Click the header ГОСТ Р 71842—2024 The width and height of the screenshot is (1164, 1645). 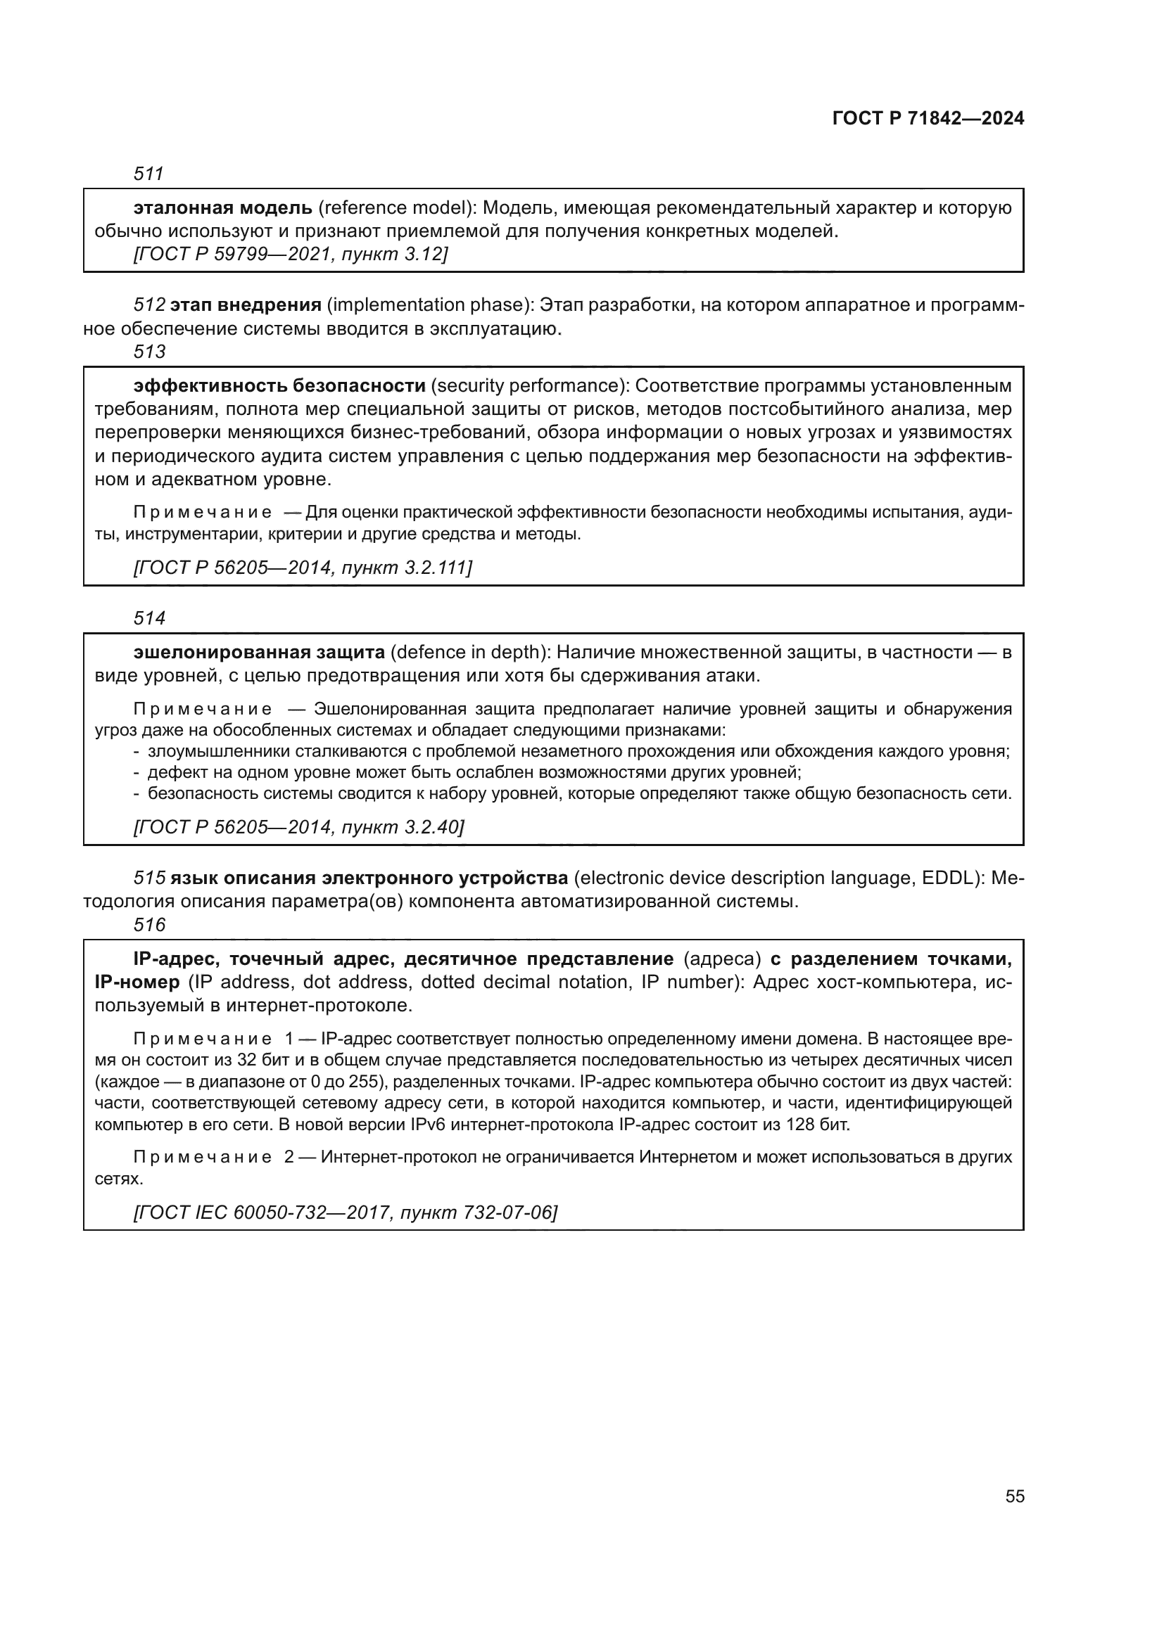(928, 119)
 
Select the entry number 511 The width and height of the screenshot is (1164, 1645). (149, 174)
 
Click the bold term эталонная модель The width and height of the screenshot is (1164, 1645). (223, 208)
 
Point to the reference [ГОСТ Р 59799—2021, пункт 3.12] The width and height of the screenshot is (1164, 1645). (290, 255)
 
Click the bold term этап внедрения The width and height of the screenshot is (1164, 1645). (246, 305)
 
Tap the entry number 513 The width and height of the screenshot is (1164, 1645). (149, 352)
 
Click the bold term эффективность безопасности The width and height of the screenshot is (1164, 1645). (279, 386)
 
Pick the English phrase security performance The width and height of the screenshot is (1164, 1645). (530, 386)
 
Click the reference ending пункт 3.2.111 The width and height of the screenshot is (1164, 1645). (303, 568)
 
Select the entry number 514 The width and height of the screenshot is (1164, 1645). (149, 617)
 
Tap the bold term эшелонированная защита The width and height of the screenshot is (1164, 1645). (260, 653)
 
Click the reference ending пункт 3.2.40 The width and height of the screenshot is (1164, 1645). (299, 828)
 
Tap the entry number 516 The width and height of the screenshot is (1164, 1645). (149, 925)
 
